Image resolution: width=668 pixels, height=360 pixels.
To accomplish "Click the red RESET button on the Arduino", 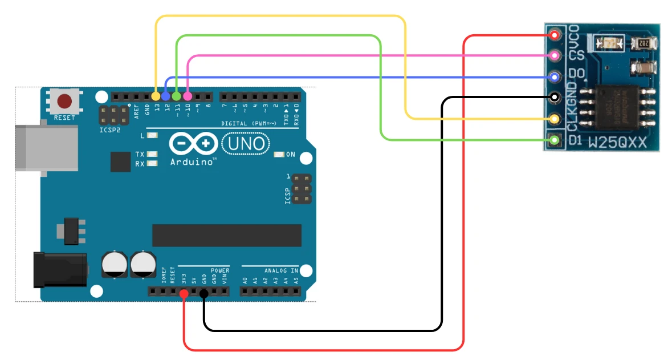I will (64, 102).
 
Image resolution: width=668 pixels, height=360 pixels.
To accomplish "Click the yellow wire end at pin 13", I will (156, 96).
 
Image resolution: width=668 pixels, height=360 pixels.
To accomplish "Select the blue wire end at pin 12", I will (166, 96).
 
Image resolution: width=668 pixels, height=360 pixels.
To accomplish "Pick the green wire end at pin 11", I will (177, 96).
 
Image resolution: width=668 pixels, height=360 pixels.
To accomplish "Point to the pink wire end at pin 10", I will (188, 96).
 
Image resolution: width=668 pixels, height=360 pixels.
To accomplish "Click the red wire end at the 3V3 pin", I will (184, 293).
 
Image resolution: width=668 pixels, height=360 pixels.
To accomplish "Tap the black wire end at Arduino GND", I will (204, 293).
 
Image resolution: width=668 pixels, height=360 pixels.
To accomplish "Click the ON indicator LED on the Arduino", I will (279, 154).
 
